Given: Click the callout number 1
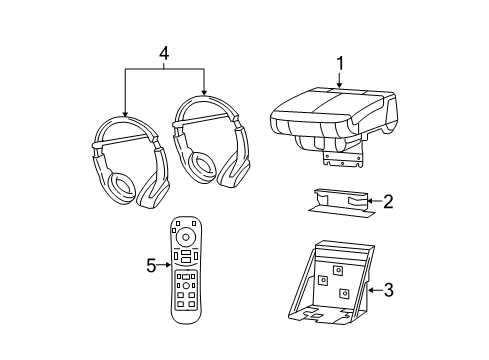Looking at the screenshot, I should [x=340, y=63].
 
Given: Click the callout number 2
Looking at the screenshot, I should [x=387, y=200].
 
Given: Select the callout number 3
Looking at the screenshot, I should [x=388, y=290].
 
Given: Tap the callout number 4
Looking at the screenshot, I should [x=164, y=51].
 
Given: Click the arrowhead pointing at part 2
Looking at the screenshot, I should [x=371, y=200].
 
